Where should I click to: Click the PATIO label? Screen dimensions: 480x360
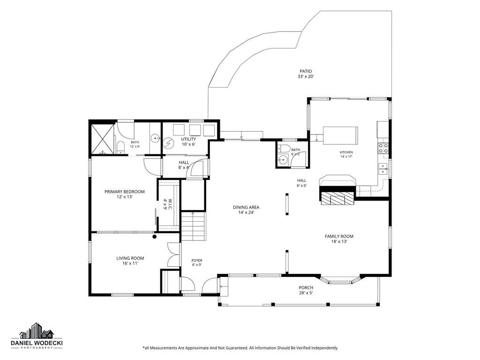306,71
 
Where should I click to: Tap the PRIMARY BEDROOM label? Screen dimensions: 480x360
125,192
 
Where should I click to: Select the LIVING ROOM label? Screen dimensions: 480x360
130,258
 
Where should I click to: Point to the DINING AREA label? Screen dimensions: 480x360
246,207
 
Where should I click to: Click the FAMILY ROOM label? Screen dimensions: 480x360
339,236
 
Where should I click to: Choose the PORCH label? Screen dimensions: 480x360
306,287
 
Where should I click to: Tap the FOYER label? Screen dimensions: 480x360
197,261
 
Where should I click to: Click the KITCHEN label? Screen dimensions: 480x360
346,152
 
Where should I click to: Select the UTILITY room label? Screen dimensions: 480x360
188,139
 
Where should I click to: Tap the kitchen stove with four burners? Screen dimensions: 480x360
383,148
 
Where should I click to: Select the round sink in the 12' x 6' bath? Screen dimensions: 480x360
156,138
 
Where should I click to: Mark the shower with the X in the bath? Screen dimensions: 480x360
102,138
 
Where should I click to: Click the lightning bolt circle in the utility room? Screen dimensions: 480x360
168,142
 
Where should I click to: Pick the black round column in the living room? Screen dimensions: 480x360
155,237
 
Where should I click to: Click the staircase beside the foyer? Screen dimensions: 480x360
193,226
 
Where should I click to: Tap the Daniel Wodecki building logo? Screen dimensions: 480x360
37,330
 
